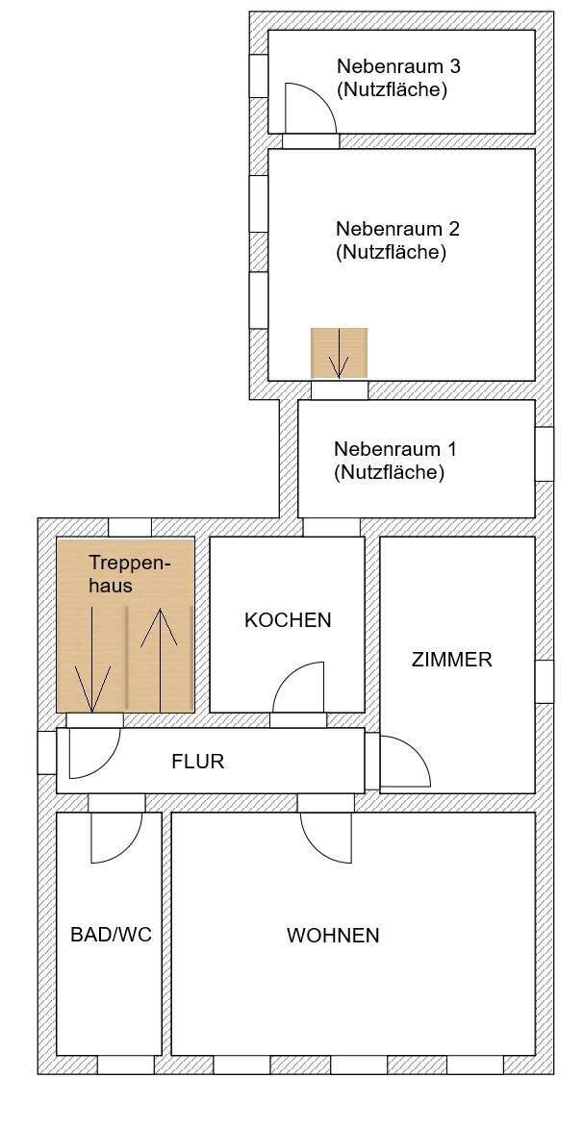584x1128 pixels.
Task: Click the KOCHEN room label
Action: pos(288,620)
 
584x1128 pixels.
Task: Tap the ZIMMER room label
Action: pos(451,660)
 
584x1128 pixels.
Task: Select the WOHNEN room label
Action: pos(333,935)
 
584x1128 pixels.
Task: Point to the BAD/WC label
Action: pos(111,935)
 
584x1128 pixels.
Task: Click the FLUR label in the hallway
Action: pos(197,762)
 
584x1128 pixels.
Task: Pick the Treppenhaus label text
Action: pos(122,573)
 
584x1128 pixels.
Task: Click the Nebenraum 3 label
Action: pos(392,79)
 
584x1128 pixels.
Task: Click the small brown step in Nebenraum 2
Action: pos(339,353)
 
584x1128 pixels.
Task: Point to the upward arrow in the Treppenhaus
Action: pos(161,659)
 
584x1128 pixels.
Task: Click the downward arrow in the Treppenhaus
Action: pos(92,659)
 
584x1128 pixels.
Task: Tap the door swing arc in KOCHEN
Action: pos(299,689)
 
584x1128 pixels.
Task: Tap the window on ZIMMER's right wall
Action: pos(545,682)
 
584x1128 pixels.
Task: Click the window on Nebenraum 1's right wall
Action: pos(545,453)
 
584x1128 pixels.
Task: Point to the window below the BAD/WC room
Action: pos(125,1065)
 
